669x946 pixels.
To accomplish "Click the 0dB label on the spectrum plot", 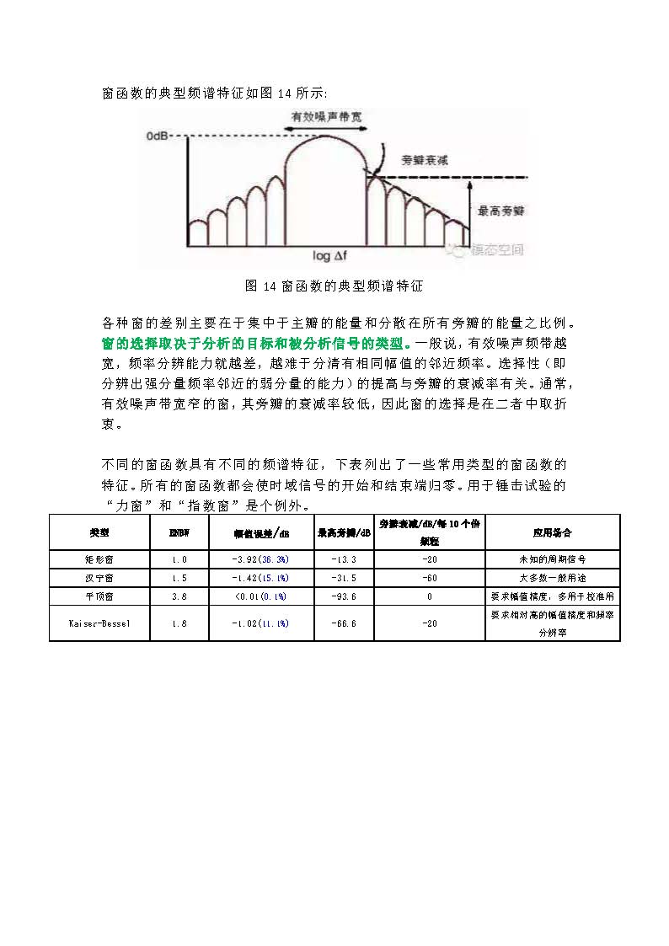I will point(158,136).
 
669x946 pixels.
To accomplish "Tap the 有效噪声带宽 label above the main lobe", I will point(327,117).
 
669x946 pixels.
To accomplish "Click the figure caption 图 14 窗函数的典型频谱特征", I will point(334,286).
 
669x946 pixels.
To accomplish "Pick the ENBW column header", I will point(179,532).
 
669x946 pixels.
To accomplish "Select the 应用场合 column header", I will point(553,532).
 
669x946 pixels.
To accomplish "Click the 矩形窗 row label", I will point(99,559).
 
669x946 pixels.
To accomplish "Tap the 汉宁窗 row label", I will point(99,577).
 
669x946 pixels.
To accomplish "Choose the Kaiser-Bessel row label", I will point(99,623).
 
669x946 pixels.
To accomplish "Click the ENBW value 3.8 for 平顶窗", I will point(179,596).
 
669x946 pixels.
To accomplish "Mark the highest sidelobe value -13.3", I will point(344,559).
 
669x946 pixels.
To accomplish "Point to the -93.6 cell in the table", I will point(344,596).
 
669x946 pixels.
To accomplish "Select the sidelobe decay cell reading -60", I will point(430,577).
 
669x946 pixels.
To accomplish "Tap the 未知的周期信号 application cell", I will point(553,559).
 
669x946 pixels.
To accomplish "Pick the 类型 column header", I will point(99,532).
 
